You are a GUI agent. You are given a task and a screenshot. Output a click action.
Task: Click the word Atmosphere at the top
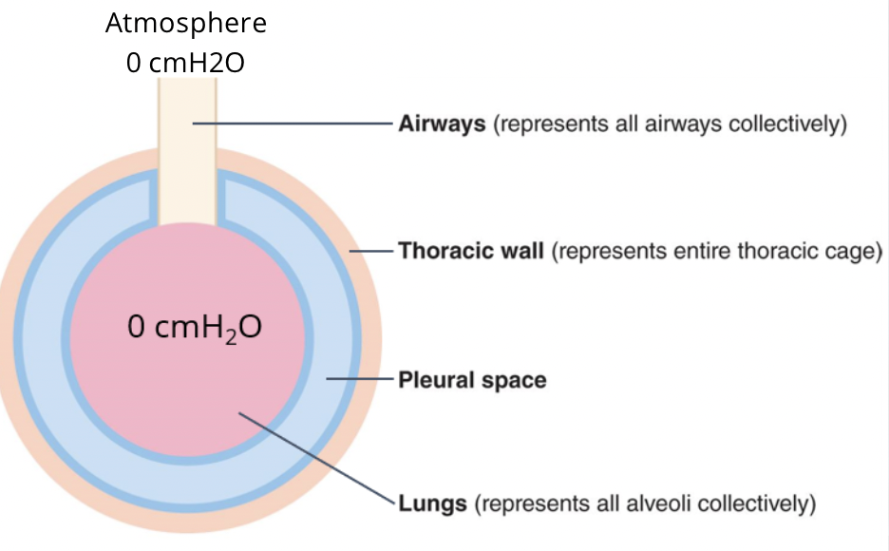pyautogui.click(x=186, y=23)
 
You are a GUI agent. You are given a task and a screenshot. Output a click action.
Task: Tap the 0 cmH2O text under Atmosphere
pyautogui.click(x=186, y=64)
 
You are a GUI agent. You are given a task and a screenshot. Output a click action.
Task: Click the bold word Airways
pyautogui.click(x=442, y=124)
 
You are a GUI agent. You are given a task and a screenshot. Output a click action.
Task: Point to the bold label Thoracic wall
pyautogui.click(x=471, y=252)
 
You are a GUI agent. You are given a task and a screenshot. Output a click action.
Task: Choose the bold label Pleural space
pyautogui.click(x=472, y=380)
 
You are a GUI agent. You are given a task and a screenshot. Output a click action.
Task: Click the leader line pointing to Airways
pyautogui.click(x=294, y=123)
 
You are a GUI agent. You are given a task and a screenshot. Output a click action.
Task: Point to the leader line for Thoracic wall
pyautogui.click(x=372, y=251)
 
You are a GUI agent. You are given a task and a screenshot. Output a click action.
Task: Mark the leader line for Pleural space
pyautogui.click(x=360, y=379)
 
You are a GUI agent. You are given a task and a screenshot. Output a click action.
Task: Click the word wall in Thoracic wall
pyautogui.click(x=521, y=252)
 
